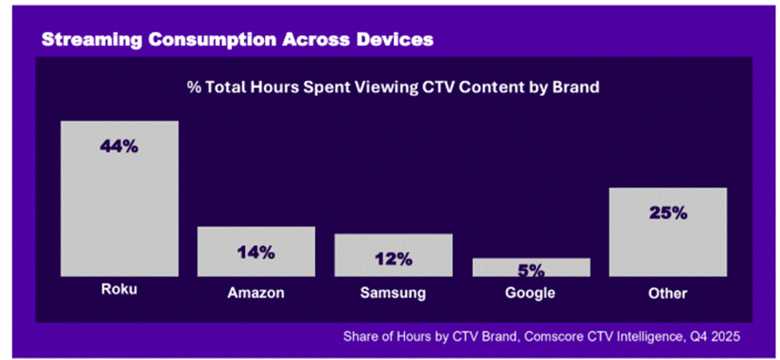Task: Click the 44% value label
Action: click(x=118, y=146)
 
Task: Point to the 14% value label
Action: click(x=255, y=252)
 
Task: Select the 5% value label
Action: click(x=531, y=270)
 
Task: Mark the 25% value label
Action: click(x=668, y=212)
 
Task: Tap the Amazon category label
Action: click(x=256, y=293)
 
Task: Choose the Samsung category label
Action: click(x=393, y=293)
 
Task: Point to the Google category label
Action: click(x=531, y=293)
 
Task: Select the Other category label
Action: click(x=668, y=293)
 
